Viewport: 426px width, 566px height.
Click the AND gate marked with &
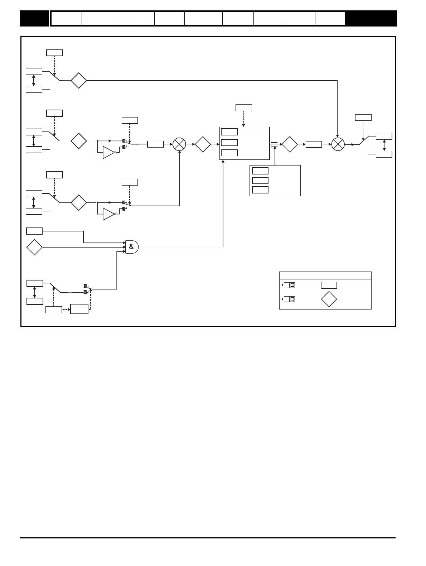131,247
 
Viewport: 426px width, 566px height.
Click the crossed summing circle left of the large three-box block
179,144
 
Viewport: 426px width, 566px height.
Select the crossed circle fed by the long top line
338,144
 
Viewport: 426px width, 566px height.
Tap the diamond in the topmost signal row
79,81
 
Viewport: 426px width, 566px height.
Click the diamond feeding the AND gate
34,247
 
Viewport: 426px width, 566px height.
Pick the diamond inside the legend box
329,299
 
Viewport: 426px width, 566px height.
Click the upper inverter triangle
108,153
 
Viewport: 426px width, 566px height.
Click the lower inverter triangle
108,214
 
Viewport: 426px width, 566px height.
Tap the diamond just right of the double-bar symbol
290,144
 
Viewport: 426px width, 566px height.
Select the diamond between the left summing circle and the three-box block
203,144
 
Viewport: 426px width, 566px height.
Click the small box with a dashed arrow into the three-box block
244,107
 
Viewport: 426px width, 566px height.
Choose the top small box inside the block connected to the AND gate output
229,132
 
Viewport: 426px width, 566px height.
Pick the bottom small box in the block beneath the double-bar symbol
260,190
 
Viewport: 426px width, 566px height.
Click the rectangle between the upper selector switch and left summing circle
155,144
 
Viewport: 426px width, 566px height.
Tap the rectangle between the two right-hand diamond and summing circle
314,144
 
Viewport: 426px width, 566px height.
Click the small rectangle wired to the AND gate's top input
34,231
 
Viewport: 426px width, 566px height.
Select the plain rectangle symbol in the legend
329,285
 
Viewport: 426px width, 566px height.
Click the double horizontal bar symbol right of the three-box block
274,144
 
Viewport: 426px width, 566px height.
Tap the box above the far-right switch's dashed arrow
363,117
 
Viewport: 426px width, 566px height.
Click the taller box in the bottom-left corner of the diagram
79,309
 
